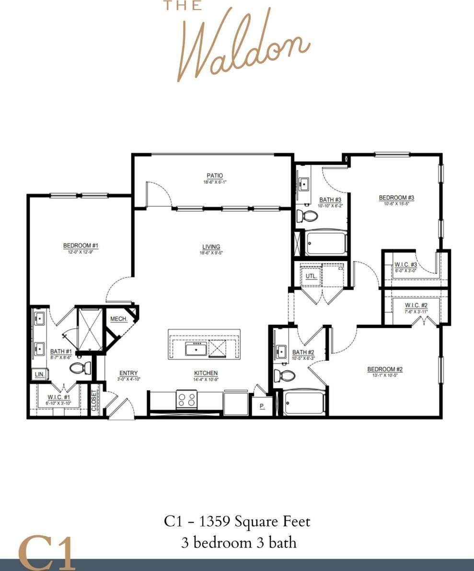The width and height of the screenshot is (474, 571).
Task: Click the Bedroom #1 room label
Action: (x=81, y=246)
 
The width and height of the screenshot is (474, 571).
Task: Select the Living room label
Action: (x=211, y=247)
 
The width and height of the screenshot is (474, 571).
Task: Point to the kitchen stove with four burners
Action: (x=186, y=399)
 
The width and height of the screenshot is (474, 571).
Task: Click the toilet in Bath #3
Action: (x=307, y=217)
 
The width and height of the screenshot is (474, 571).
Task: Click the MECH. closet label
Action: (x=118, y=319)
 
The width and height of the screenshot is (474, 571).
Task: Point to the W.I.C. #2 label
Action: (x=416, y=305)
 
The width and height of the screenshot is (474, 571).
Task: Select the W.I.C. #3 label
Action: (x=405, y=264)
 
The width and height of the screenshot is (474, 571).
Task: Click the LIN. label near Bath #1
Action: (x=38, y=375)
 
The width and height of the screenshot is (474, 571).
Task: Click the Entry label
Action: (x=128, y=373)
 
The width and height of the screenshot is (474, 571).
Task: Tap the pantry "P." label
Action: (x=262, y=405)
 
